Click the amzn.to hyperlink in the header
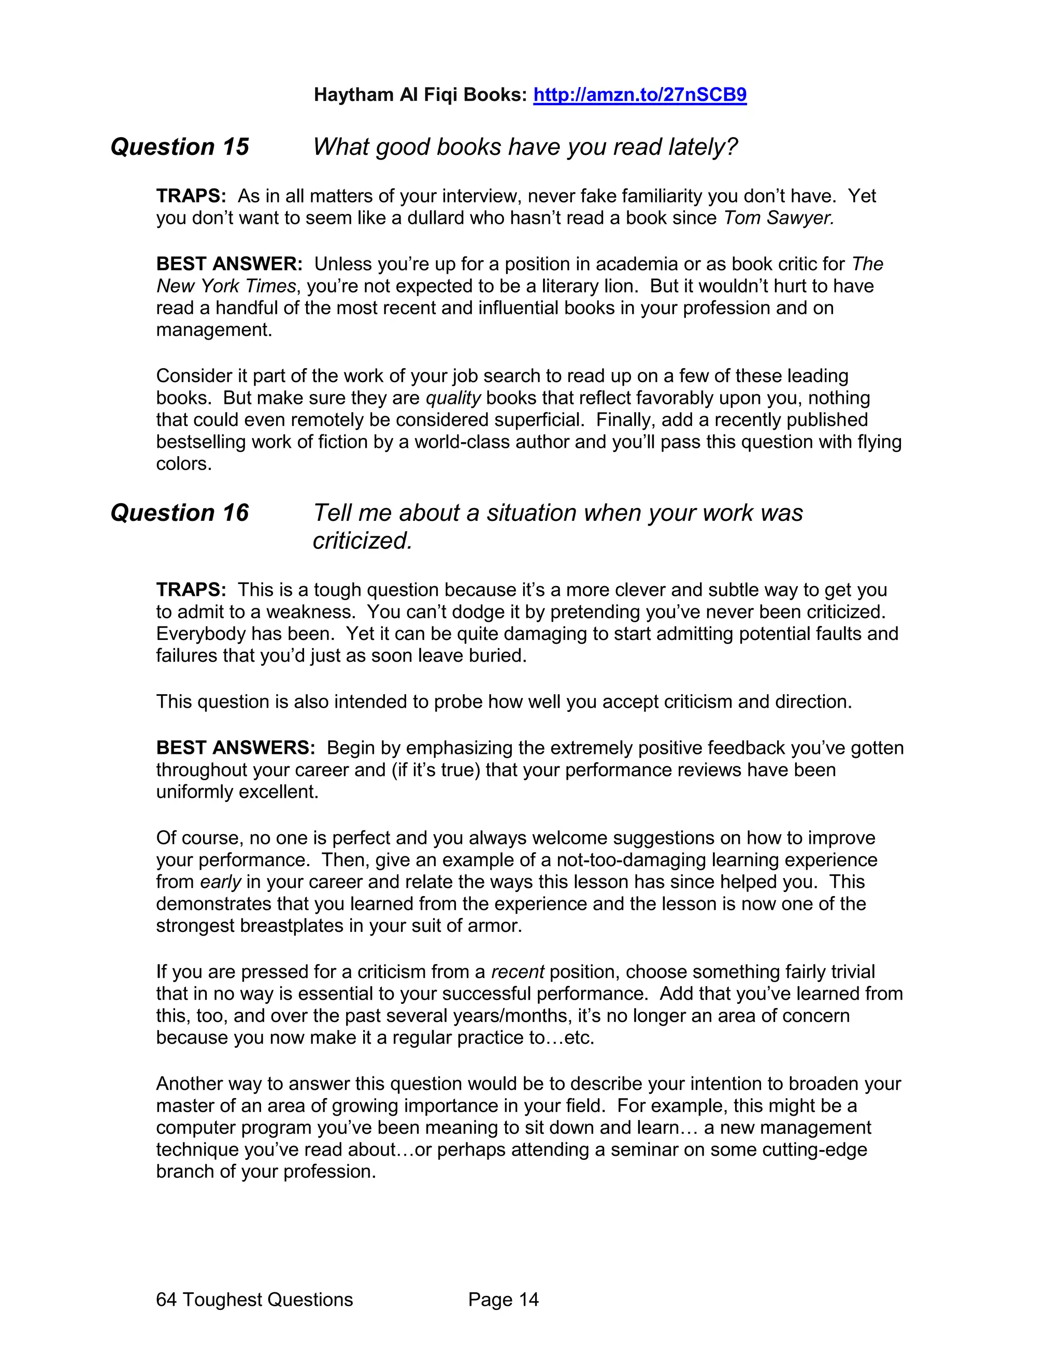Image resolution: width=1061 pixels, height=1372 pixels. coord(639,95)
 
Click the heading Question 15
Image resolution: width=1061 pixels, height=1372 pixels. coord(180,147)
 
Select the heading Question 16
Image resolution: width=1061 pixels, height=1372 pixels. coord(180,513)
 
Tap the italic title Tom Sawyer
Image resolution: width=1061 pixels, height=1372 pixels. coord(778,218)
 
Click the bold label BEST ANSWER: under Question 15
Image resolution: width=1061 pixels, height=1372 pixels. coord(230,264)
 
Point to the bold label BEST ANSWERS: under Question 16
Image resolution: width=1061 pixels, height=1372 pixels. coord(236,748)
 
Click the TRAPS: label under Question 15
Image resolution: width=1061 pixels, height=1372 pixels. coord(191,196)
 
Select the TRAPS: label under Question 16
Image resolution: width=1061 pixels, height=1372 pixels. coord(191,590)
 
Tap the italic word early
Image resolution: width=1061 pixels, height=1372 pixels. coord(220,882)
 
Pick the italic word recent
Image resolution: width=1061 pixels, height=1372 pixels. coord(517,972)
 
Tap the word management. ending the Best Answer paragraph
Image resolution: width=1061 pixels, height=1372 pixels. coord(214,330)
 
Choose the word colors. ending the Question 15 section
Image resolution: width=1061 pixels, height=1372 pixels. coord(183,464)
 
